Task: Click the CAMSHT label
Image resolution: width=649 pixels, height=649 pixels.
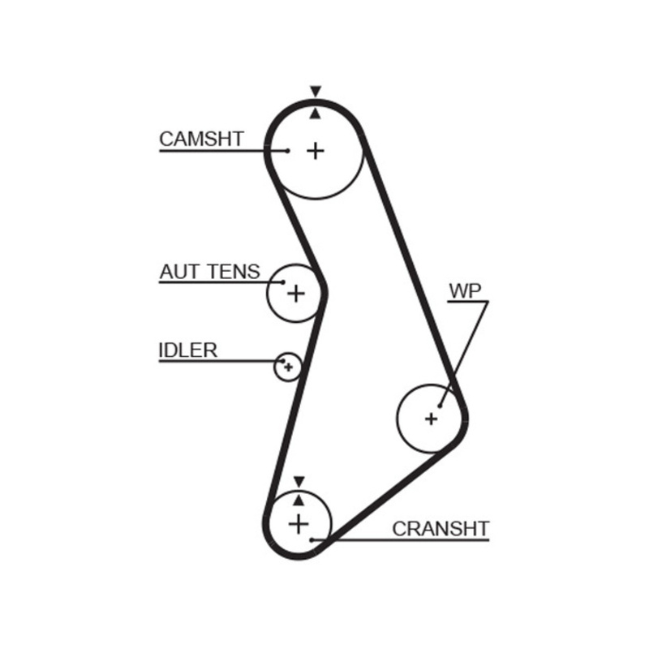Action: click(x=201, y=139)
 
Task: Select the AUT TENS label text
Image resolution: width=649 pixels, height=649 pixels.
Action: click(x=209, y=272)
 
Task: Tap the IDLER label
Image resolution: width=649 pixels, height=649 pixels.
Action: click(x=187, y=350)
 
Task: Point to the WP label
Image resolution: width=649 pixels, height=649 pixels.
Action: click(x=465, y=291)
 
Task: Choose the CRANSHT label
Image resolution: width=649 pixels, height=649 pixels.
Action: click(x=441, y=529)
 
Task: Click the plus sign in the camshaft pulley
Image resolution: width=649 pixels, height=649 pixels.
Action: click(x=316, y=150)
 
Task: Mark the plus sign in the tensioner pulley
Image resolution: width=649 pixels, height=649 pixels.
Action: click(x=296, y=293)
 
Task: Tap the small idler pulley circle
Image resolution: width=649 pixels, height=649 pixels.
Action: click(x=287, y=367)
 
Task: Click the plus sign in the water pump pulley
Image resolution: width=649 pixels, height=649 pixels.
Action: click(x=431, y=419)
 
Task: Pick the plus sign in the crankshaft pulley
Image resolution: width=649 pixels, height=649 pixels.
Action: click(x=299, y=523)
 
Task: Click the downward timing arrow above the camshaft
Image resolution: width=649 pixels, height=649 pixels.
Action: click(x=316, y=92)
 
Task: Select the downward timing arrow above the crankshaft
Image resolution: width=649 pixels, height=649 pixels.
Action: click(x=299, y=481)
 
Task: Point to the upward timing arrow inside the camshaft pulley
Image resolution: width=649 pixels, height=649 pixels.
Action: click(x=316, y=114)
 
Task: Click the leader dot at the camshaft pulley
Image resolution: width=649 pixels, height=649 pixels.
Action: click(x=287, y=150)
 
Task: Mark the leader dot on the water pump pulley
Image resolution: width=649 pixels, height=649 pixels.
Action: click(x=440, y=405)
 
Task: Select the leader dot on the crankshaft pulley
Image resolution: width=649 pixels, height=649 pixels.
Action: click(x=312, y=539)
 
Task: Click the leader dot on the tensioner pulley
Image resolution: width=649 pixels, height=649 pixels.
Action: click(x=283, y=282)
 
